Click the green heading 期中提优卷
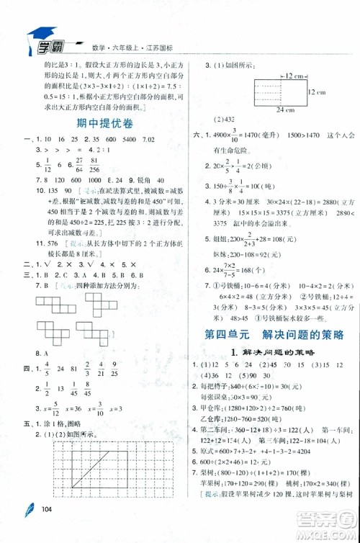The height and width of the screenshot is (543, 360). (96, 123)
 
